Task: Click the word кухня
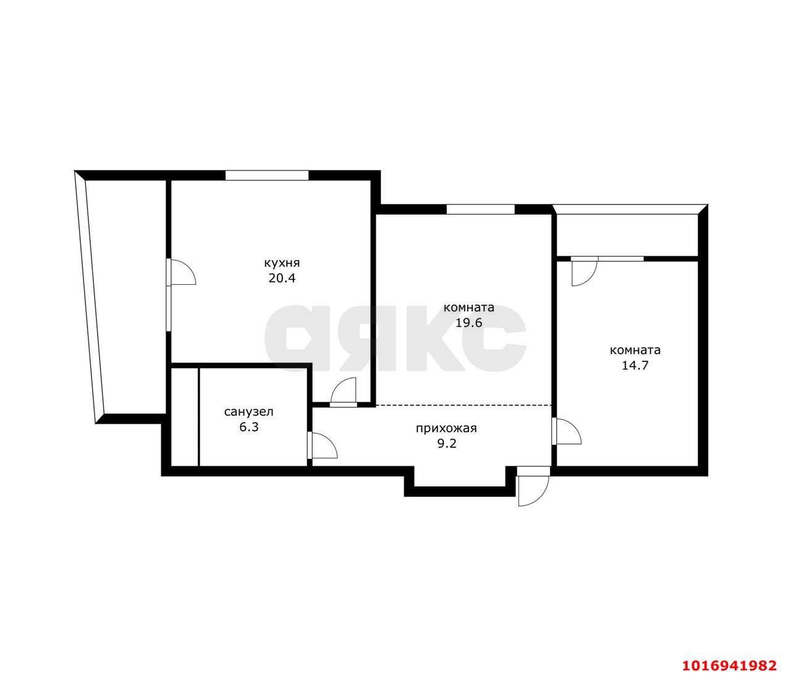click(x=282, y=263)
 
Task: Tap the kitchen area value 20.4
click(x=282, y=278)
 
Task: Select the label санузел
click(x=248, y=411)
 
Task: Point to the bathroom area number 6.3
click(x=248, y=426)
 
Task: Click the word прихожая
click(x=446, y=428)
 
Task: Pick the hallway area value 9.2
click(x=446, y=443)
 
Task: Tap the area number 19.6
click(x=468, y=322)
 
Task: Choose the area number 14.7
click(x=635, y=364)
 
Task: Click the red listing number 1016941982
click(x=729, y=665)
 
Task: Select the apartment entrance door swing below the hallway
click(x=532, y=487)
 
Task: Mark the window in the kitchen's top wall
click(x=266, y=175)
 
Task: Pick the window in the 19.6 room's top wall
click(x=480, y=209)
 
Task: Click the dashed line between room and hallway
click(x=463, y=405)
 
